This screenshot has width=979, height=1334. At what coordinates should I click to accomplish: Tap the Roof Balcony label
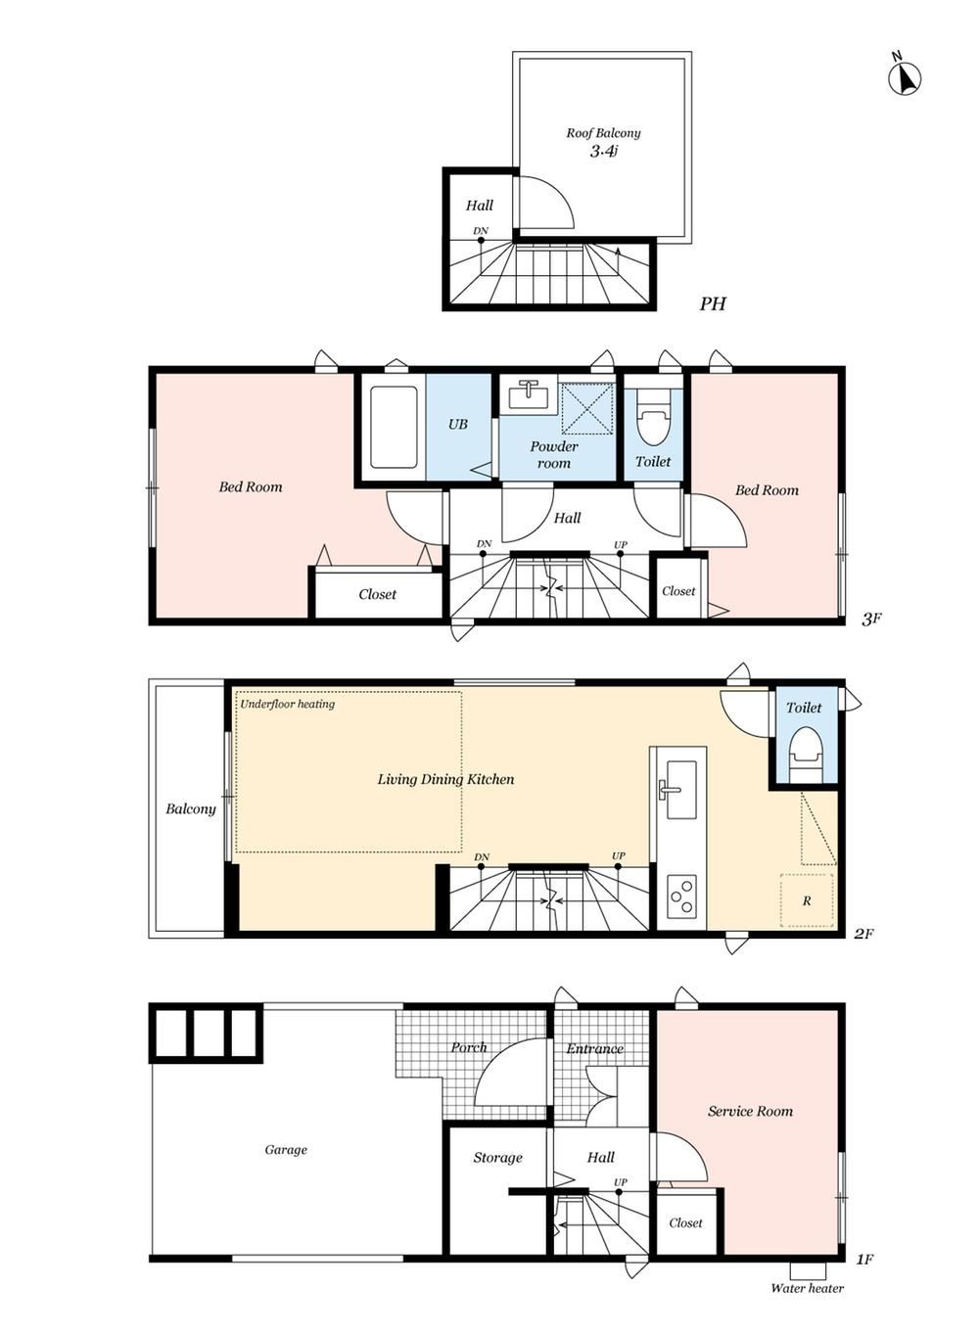(x=603, y=133)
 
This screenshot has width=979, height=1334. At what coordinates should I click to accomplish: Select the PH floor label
(x=713, y=303)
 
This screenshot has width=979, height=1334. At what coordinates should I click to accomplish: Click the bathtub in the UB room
(x=393, y=427)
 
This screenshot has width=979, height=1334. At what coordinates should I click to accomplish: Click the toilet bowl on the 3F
(x=652, y=417)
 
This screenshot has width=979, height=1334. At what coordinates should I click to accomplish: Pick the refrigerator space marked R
(x=806, y=899)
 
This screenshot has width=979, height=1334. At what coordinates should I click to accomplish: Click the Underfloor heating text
(x=287, y=704)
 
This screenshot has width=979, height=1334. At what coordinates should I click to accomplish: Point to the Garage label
(x=286, y=1149)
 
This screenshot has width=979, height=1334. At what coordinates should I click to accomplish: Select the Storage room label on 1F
(x=497, y=1157)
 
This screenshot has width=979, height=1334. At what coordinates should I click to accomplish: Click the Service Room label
(x=750, y=1111)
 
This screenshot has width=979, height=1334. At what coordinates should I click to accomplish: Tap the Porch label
(x=468, y=1047)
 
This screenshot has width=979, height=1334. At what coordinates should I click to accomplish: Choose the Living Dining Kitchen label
(x=445, y=779)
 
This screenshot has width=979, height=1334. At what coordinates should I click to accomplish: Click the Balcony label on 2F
(x=191, y=808)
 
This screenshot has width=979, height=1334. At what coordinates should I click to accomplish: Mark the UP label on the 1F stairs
(x=621, y=1181)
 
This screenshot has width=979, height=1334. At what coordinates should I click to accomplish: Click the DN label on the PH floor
(x=481, y=230)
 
